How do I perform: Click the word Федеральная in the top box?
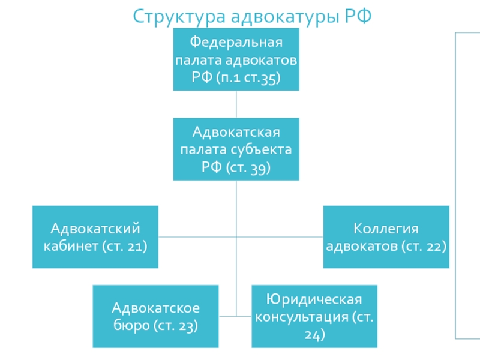pyautogui.click(x=236, y=43)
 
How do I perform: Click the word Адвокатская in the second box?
pyautogui.click(x=236, y=131)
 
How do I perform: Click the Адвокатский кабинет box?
pyautogui.click(x=95, y=236)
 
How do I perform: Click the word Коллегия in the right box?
pyautogui.click(x=385, y=229)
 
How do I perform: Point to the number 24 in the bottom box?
pyautogui.click(x=314, y=334)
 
